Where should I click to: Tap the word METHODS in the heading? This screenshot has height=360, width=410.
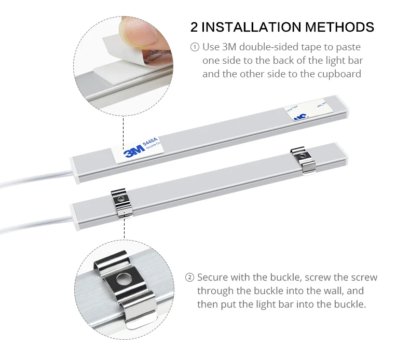[339, 27]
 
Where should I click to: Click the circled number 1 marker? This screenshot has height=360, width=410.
[195, 47]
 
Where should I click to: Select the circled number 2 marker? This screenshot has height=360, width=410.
[189, 278]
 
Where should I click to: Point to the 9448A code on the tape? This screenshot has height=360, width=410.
[149, 140]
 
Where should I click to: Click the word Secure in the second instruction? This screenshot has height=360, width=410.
[214, 278]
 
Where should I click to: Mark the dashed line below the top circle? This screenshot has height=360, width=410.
[123, 130]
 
